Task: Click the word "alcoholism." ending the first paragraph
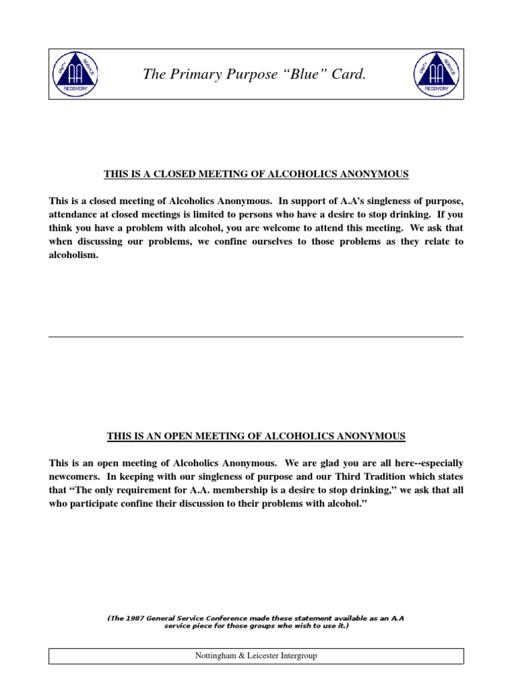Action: click(73, 255)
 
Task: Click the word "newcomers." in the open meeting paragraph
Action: click(74, 476)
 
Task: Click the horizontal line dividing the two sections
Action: click(256, 337)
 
